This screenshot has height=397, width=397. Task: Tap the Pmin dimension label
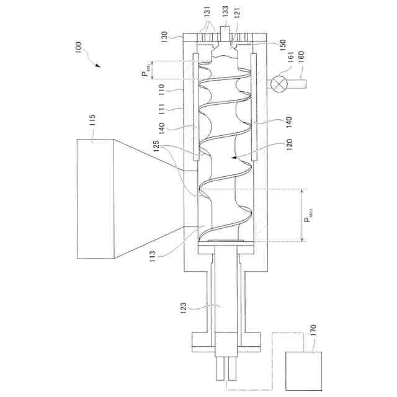click(x=146, y=71)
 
